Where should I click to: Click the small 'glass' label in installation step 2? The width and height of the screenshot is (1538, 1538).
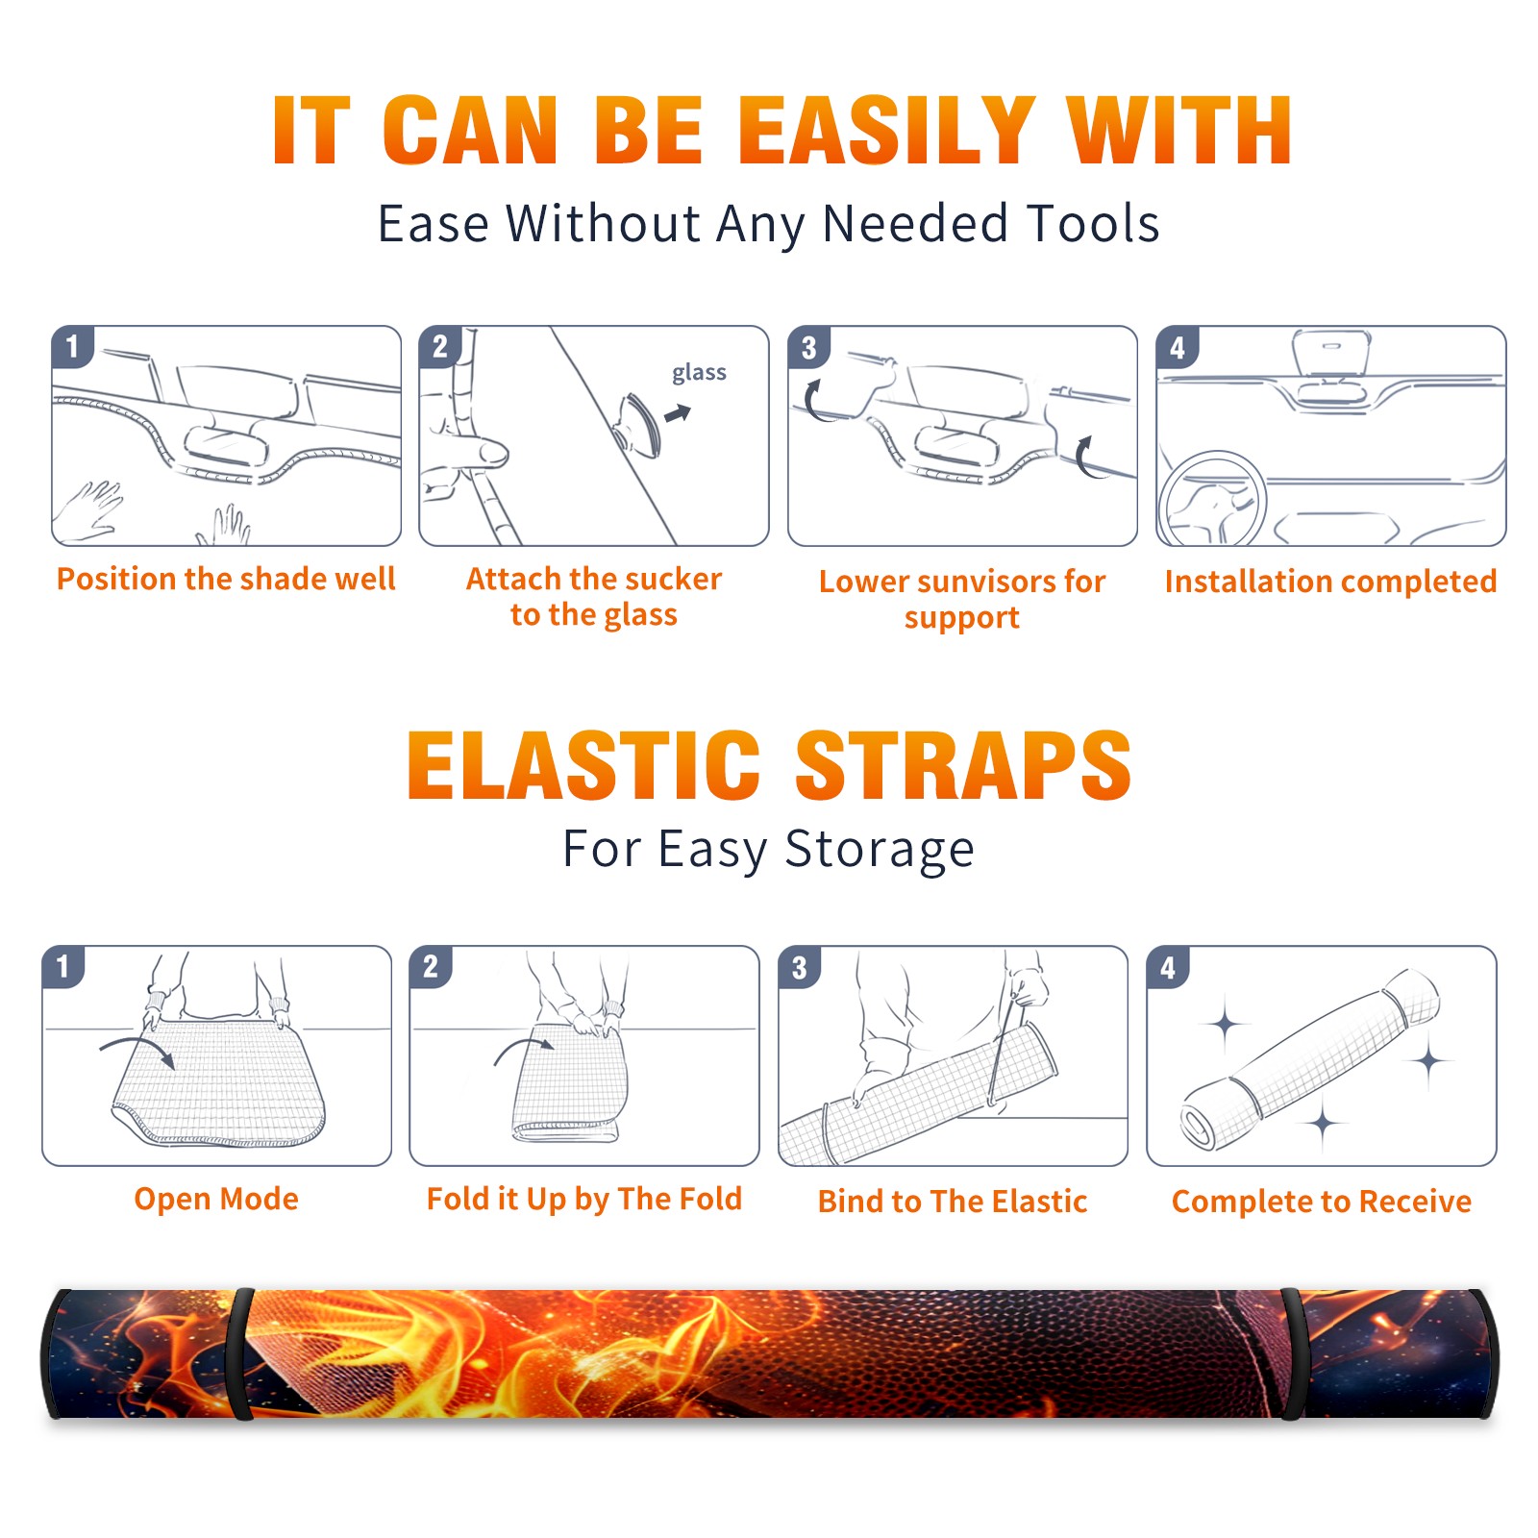coord(699,373)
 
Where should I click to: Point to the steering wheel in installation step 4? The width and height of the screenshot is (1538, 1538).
coord(1213,499)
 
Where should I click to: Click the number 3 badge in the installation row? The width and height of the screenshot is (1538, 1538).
coord(808,347)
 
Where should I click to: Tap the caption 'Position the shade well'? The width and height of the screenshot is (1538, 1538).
coord(226,579)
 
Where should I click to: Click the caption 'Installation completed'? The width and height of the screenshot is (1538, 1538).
coord(1330,581)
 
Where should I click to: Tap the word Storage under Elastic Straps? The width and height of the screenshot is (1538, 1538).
coord(880,850)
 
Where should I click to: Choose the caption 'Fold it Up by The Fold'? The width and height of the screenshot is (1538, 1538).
coord(584,1199)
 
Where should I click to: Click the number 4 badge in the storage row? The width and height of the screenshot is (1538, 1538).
coord(1168,967)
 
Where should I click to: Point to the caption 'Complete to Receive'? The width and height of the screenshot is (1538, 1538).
coord(1322,1202)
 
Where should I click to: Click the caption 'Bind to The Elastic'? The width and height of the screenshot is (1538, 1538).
coord(953,1202)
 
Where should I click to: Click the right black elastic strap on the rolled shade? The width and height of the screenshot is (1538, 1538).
coord(1294,1354)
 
